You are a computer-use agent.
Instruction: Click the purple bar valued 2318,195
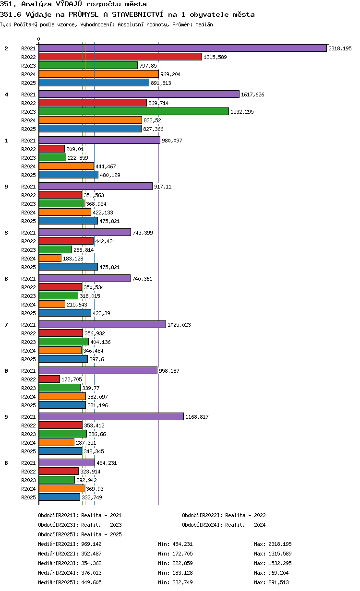click(x=182, y=48)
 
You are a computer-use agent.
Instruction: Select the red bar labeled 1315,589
click(x=120, y=57)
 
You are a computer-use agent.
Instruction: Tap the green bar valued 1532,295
click(x=134, y=111)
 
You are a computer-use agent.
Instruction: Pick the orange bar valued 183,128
click(x=50, y=258)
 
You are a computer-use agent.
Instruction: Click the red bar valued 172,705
click(x=49, y=379)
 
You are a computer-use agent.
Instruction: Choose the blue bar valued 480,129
click(x=69, y=175)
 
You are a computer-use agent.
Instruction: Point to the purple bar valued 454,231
click(x=67, y=462)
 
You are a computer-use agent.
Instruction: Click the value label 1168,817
click(x=197, y=417)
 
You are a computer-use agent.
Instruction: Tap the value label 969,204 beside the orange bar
click(x=170, y=74)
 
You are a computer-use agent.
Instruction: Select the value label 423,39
click(x=102, y=313)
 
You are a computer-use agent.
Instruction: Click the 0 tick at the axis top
click(x=38, y=39)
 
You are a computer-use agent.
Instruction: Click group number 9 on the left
click(x=6, y=187)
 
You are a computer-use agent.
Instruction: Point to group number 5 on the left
click(x=6, y=417)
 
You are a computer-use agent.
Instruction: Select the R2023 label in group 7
click(x=28, y=342)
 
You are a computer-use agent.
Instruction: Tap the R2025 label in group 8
click(x=28, y=497)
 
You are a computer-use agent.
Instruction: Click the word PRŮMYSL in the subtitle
click(x=84, y=14)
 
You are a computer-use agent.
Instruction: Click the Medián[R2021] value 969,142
click(x=91, y=544)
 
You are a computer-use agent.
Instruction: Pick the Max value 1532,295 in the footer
click(x=280, y=563)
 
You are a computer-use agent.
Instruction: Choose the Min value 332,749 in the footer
click(x=182, y=582)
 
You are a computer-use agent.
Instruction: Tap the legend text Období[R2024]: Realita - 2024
click(x=224, y=525)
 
